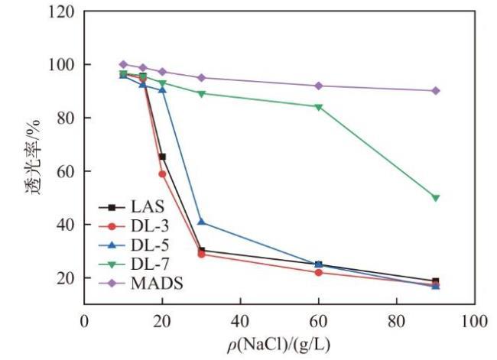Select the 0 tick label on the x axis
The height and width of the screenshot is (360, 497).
pyautogui.click(x=84, y=321)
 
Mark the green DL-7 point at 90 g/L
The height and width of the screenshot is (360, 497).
pyautogui.click(x=435, y=197)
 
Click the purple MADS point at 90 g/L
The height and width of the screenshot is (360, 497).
pyautogui.click(x=435, y=90)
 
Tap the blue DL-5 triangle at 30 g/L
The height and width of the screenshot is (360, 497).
pyautogui.click(x=201, y=222)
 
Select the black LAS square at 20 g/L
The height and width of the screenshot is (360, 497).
pyautogui.click(x=162, y=157)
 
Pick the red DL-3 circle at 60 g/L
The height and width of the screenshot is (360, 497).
pyautogui.click(x=318, y=272)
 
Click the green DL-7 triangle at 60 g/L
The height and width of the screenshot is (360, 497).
pyautogui.click(x=318, y=106)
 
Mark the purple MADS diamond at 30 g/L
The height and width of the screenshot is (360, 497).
pyautogui.click(x=201, y=77)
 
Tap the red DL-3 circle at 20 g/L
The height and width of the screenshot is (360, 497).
pyautogui.click(x=162, y=174)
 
